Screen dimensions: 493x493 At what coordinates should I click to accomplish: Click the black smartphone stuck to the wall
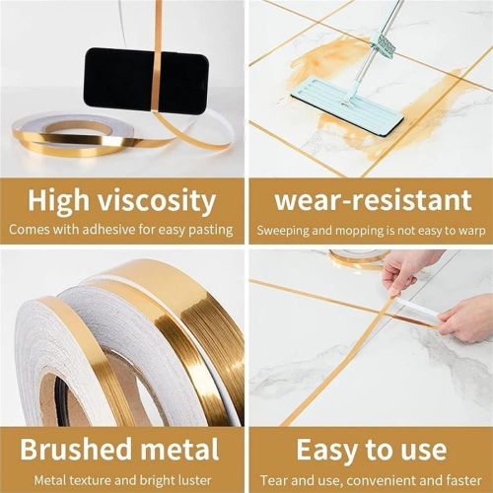[x=145, y=80]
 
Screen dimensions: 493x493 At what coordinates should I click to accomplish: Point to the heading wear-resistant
[x=373, y=201]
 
